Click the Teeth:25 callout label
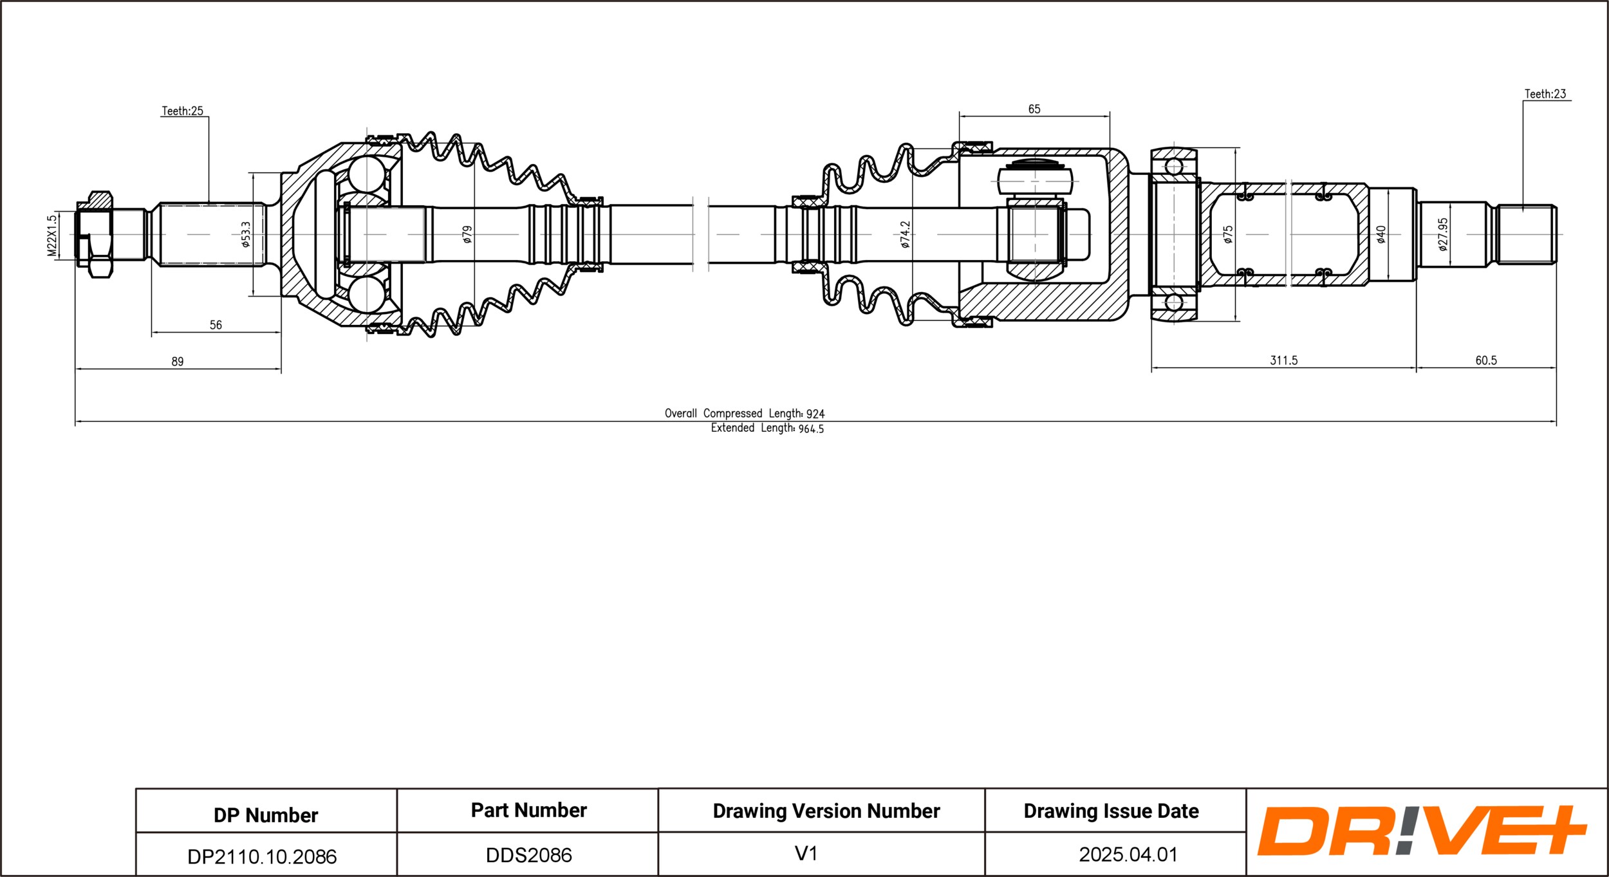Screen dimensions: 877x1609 click(x=182, y=111)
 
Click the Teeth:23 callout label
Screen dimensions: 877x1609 click(x=1545, y=94)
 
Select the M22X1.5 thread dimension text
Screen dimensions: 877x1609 click(x=52, y=235)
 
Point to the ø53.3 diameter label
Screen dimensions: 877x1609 click(x=245, y=234)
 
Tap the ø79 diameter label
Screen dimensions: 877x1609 click(x=467, y=234)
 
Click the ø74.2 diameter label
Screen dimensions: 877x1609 click(x=905, y=234)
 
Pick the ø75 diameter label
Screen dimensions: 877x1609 click(x=1228, y=234)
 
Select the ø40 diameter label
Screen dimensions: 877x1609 click(x=1381, y=234)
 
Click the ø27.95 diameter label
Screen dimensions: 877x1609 click(x=1442, y=234)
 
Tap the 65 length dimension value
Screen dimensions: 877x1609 click(x=1034, y=109)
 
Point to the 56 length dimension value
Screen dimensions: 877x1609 click(x=216, y=325)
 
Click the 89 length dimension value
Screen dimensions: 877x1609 click(x=177, y=362)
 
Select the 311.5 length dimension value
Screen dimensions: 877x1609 click(x=1283, y=360)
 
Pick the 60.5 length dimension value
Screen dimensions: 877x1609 click(x=1486, y=360)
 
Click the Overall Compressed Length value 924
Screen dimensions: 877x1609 click(x=815, y=414)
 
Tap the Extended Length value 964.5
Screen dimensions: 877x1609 click(x=811, y=429)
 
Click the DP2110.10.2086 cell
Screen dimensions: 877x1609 click(x=262, y=856)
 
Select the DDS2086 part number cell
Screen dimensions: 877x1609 click(x=528, y=855)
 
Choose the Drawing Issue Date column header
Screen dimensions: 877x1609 click(x=1111, y=811)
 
